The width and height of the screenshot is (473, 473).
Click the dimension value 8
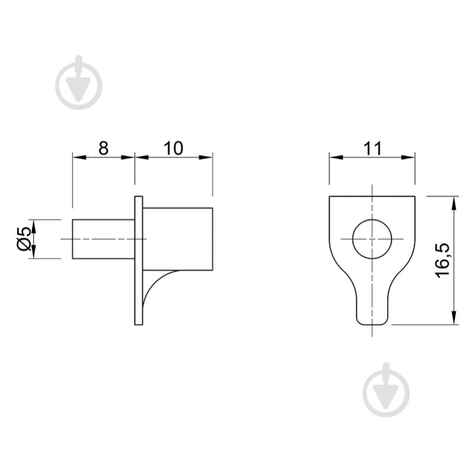tap(104, 148)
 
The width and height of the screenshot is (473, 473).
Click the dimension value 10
tap(173, 148)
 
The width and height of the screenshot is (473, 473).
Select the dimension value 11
tap(373, 148)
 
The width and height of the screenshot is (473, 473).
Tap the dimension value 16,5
tap(443, 260)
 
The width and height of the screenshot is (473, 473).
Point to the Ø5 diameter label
tap(24, 239)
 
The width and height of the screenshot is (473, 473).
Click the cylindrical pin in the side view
tap(104, 239)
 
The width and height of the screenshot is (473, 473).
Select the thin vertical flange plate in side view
tap(139, 260)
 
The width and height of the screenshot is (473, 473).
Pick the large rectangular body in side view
tap(178, 239)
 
